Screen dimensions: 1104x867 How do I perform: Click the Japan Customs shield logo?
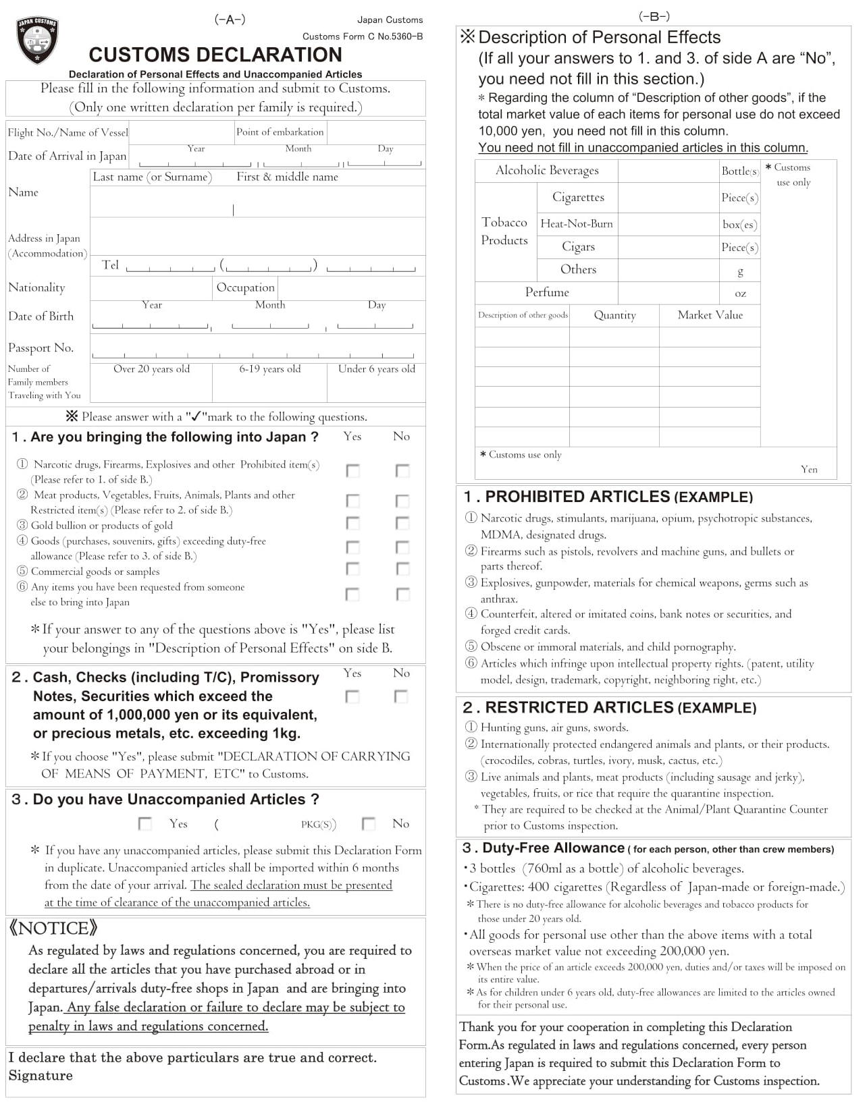click(36, 40)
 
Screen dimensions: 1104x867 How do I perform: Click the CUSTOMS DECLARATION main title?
click(215, 55)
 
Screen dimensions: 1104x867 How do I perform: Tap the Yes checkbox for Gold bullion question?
click(352, 523)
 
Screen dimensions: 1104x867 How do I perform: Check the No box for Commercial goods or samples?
click(402, 569)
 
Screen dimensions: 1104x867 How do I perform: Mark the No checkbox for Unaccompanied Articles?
click(369, 823)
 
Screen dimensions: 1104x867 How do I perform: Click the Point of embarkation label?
click(280, 132)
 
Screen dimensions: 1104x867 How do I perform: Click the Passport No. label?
click(41, 348)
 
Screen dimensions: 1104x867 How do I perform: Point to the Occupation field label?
click(245, 287)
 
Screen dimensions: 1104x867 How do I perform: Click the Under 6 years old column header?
click(376, 369)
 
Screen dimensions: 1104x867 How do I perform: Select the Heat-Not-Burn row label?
click(577, 224)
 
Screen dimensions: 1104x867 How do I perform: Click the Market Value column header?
click(710, 315)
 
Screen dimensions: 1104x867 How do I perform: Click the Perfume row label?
click(547, 292)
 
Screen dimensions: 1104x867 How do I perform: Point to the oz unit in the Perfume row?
click(740, 294)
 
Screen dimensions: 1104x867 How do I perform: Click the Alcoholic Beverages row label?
click(547, 171)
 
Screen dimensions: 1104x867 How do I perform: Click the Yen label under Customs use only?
click(808, 470)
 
